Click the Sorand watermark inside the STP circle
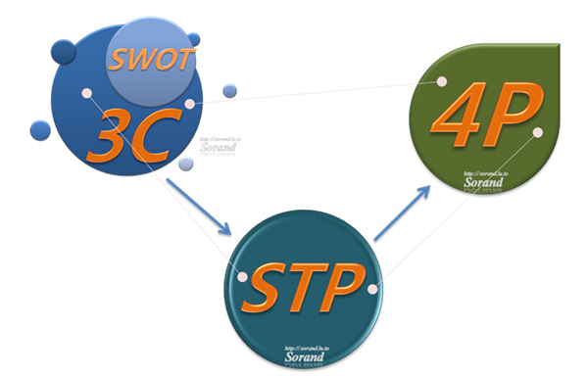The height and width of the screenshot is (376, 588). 305,357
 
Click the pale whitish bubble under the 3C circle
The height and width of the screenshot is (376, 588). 186,163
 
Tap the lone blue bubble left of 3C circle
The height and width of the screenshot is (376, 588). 40,129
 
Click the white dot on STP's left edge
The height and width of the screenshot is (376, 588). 243,277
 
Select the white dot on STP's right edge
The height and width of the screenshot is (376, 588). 371,289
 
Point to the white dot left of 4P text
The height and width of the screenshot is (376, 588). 442,81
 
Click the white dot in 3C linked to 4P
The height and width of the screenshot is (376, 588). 189,103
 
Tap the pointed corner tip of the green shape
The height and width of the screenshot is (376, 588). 559,44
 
